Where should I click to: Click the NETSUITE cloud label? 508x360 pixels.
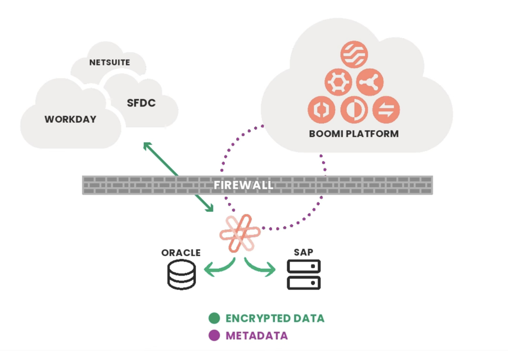point(110,63)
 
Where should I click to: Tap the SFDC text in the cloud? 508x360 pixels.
point(141,103)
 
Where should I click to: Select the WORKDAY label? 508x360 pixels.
point(70,119)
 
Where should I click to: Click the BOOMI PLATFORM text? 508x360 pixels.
point(353,133)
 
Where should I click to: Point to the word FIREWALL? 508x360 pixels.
point(243,185)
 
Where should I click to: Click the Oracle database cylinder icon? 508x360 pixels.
point(182,274)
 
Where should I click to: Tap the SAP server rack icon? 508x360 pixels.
point(304,274)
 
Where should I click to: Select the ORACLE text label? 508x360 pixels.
point(181,253)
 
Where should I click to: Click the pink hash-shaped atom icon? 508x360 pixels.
point(240,233)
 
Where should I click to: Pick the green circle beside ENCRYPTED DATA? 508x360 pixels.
point(214,318)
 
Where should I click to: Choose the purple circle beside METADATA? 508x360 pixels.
point(214,335)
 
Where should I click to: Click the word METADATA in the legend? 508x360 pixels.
point(256,335)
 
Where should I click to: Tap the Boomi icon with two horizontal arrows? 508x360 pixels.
point(386,109)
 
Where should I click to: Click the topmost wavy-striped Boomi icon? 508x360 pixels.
point(354,55)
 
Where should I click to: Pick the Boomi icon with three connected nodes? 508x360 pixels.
point(370,82)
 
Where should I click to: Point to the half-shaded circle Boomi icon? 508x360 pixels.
point(354,109)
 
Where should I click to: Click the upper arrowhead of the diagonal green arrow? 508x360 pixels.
point(146,145)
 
